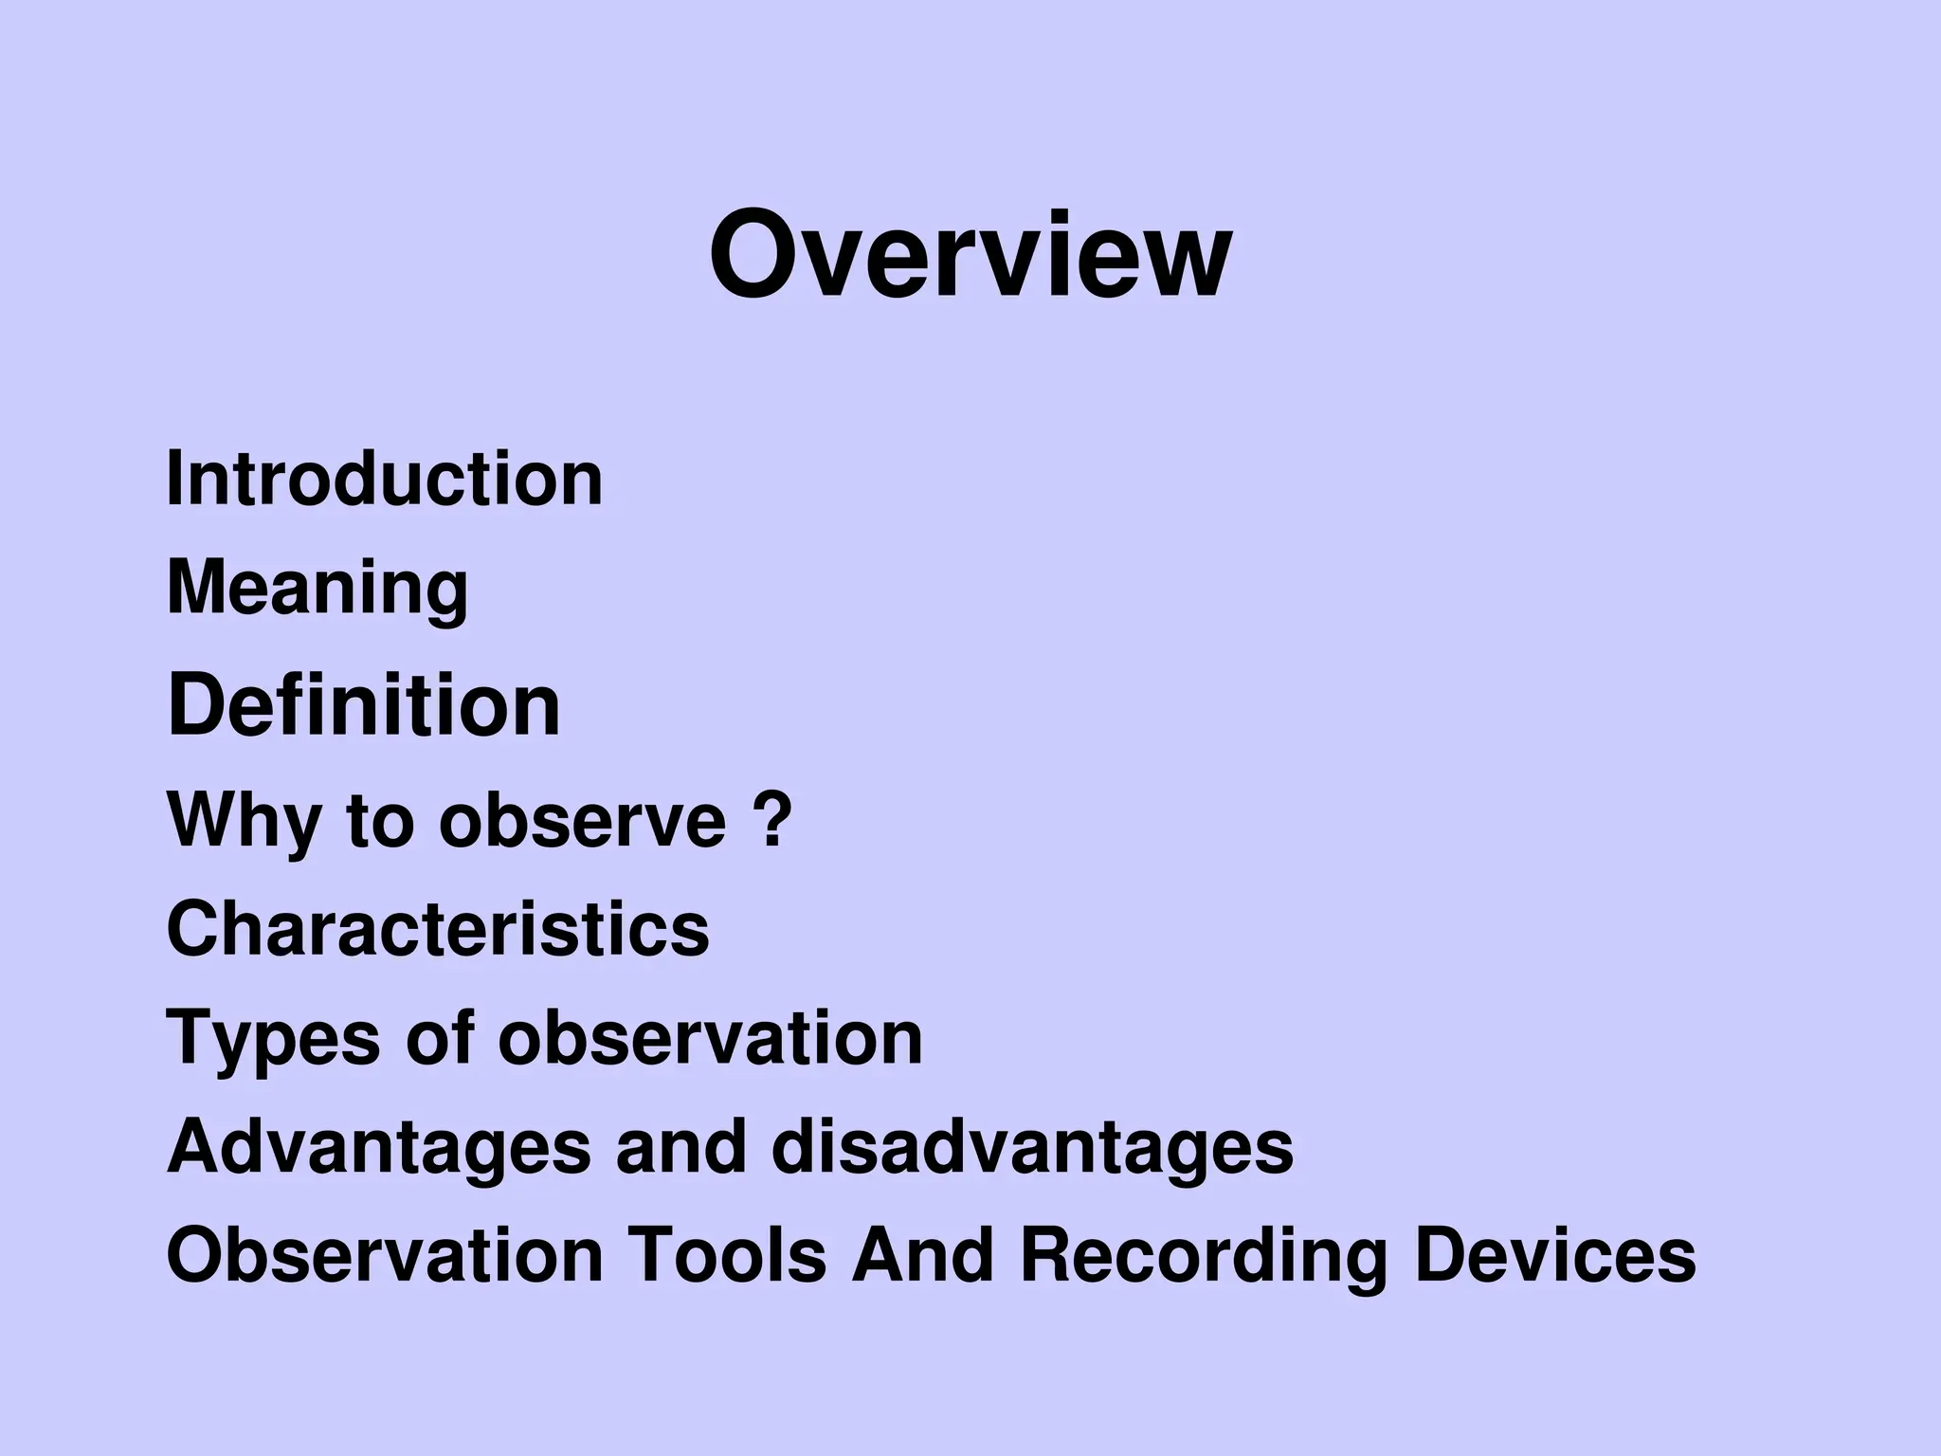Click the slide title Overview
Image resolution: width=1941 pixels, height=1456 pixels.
970,255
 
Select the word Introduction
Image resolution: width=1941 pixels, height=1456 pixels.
384,479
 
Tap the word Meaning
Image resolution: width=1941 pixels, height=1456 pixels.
317,588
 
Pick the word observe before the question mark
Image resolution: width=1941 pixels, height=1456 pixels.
582,821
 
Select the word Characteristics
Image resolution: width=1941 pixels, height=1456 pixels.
438,929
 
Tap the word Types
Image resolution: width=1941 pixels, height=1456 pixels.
273,1039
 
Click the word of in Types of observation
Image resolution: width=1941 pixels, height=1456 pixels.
439,1037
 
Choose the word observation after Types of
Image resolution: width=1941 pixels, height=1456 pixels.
710,1037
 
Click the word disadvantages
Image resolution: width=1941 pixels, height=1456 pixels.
1032,1147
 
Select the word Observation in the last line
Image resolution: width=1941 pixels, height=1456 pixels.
385,1255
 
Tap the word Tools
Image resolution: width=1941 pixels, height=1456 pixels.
727,1255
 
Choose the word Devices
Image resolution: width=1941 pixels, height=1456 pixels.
1554,1255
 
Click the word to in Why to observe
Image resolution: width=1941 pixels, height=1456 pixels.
379,821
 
